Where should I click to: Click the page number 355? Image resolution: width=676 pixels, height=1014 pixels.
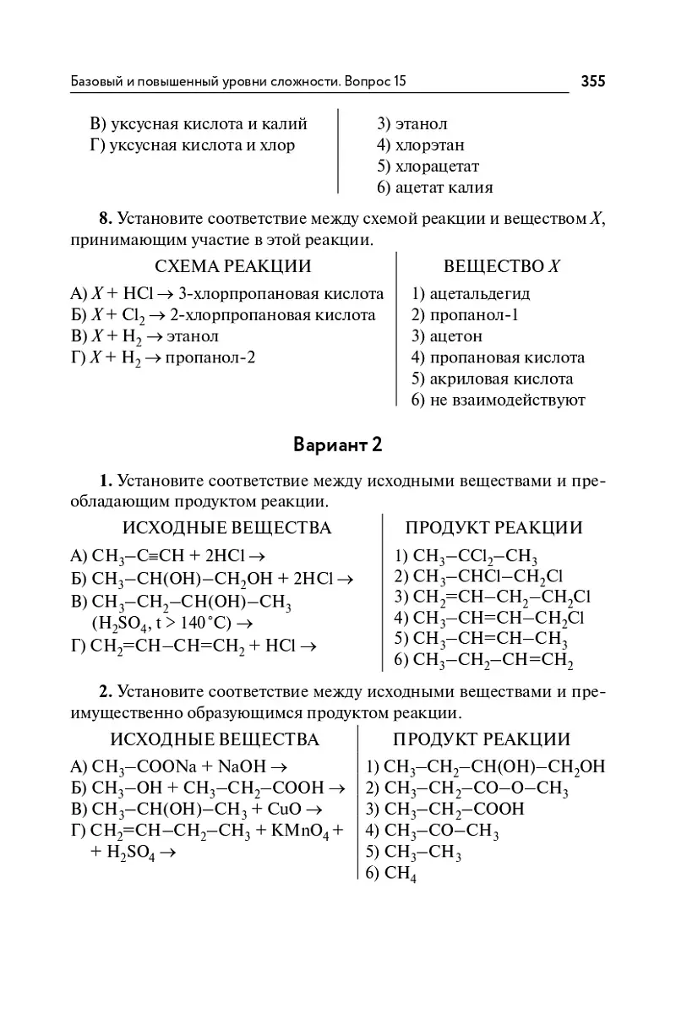[593, 81]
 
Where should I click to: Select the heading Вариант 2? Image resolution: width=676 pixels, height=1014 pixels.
[338, 444]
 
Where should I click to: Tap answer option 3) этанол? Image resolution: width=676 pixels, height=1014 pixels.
[412, 124]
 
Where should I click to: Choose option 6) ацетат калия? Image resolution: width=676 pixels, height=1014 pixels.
[434, 188]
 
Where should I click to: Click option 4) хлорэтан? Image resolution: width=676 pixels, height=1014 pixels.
[421, 145]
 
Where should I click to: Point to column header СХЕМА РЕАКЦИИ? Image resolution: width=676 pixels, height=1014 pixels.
[228, 266]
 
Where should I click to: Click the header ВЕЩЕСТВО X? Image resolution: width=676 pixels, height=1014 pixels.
[502, 266]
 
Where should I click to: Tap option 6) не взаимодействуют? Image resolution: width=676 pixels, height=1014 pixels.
[499, 400]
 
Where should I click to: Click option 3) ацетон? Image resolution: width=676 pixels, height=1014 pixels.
[447, 336]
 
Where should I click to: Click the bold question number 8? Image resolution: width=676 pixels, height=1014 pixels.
[106, 219]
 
